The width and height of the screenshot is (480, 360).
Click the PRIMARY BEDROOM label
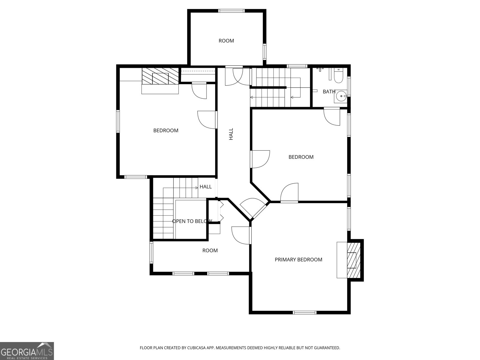[298, 259]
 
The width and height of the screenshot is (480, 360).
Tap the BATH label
[329, 91]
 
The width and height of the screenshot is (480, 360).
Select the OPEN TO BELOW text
[192, 221]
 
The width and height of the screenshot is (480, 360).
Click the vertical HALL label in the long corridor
[231, 134]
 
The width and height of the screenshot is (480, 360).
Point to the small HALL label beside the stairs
[205, 187]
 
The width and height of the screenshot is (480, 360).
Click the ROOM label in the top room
[226, 41]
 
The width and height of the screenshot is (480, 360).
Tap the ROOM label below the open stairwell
[210, 250]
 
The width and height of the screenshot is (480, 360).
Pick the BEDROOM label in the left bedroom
[166, 130]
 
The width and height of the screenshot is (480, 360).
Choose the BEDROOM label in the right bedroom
[301, 157]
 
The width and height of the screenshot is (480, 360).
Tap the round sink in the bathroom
[341, 96]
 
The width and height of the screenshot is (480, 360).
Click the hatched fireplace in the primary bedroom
[354, 260]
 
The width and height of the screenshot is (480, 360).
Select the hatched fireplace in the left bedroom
[160, 76]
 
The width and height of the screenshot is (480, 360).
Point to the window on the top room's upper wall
[231, 11]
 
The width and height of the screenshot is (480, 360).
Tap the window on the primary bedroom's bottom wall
[304, 313]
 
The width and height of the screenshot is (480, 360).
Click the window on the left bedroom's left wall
[118, 121]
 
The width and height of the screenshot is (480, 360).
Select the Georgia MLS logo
[27, 351]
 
